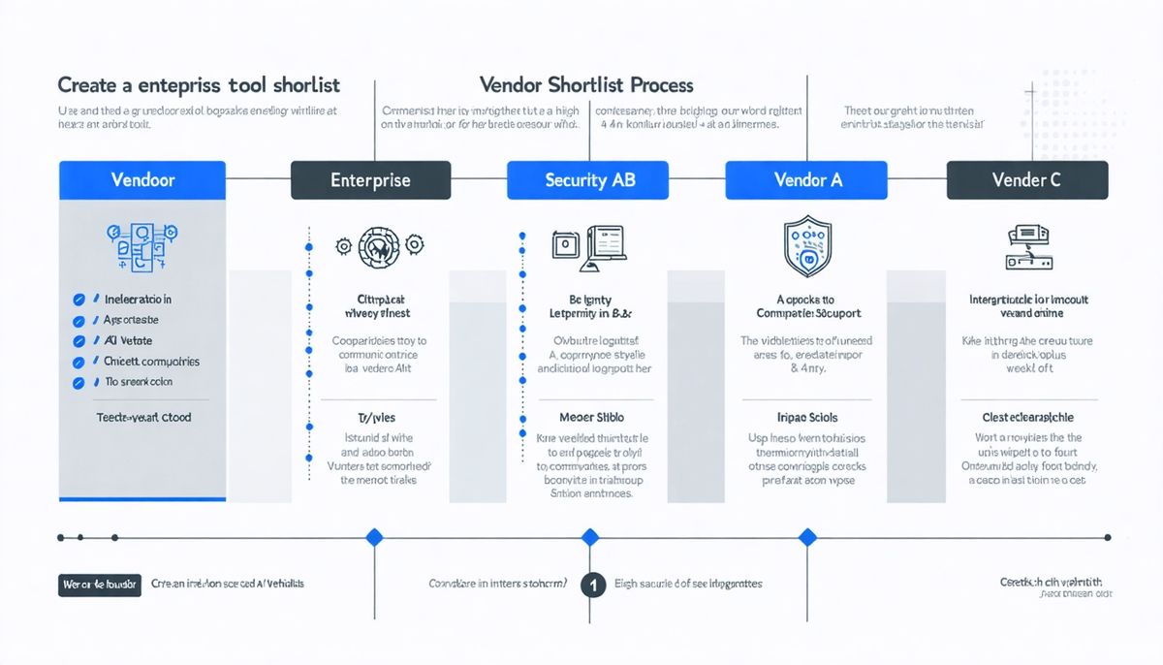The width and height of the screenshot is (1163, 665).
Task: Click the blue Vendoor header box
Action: [141, 180]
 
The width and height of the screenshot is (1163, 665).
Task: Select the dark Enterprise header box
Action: [370, 180]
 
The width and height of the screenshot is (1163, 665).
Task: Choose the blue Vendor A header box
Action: [807, 180]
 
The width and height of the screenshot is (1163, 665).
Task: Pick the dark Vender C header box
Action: [1026, 180]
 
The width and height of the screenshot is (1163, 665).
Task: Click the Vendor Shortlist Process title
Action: [585, 85]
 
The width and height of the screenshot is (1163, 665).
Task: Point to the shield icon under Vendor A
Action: [807, 246]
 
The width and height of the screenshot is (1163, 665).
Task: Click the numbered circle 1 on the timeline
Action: [593, 585]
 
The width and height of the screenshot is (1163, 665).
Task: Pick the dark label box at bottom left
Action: [99, 585]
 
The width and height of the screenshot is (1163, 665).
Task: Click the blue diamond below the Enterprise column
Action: [374, 537]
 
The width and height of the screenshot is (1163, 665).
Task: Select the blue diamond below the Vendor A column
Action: [807, 537]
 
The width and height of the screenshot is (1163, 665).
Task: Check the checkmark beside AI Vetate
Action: [79, 341]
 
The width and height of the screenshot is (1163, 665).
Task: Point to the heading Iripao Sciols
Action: [807, 418]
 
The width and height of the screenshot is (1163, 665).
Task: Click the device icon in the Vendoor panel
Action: [141, 245]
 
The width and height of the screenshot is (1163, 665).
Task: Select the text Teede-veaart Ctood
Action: [143, 418]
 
